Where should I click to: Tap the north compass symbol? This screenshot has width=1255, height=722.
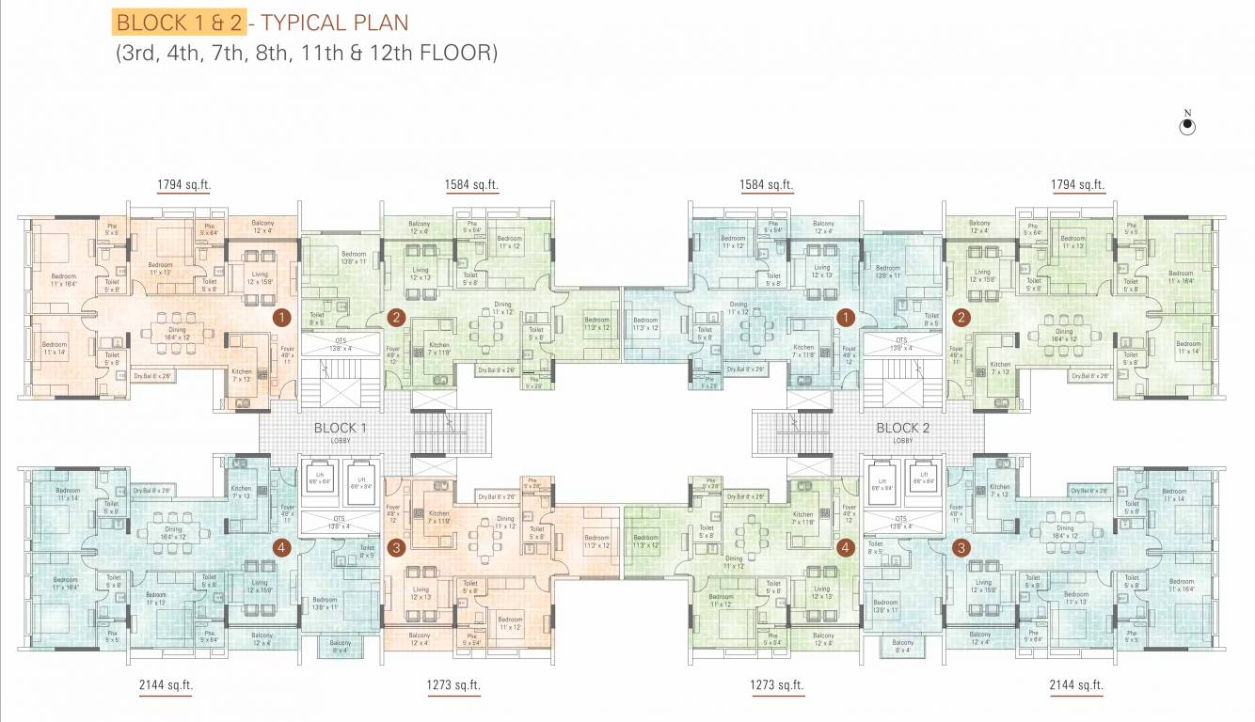[x=1187, y=126]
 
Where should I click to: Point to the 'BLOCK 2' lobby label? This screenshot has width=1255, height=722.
[x=903, y=429]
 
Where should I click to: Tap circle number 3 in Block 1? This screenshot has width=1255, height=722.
[x=396, y=547]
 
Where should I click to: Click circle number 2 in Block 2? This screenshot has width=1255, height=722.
[x=961, y=318]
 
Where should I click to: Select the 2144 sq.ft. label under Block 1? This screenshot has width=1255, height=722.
[x=165, y=685]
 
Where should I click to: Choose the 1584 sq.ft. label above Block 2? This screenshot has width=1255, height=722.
[x=767, y=185]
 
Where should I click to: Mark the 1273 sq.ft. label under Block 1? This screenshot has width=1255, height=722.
[x=453, y=685]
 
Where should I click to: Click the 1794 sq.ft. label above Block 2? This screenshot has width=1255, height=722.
[x=1077, y=185]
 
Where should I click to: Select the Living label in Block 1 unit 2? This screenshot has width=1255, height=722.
[x=420, y=272]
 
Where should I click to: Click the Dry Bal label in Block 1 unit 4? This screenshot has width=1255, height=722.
[x=151, y=491]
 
